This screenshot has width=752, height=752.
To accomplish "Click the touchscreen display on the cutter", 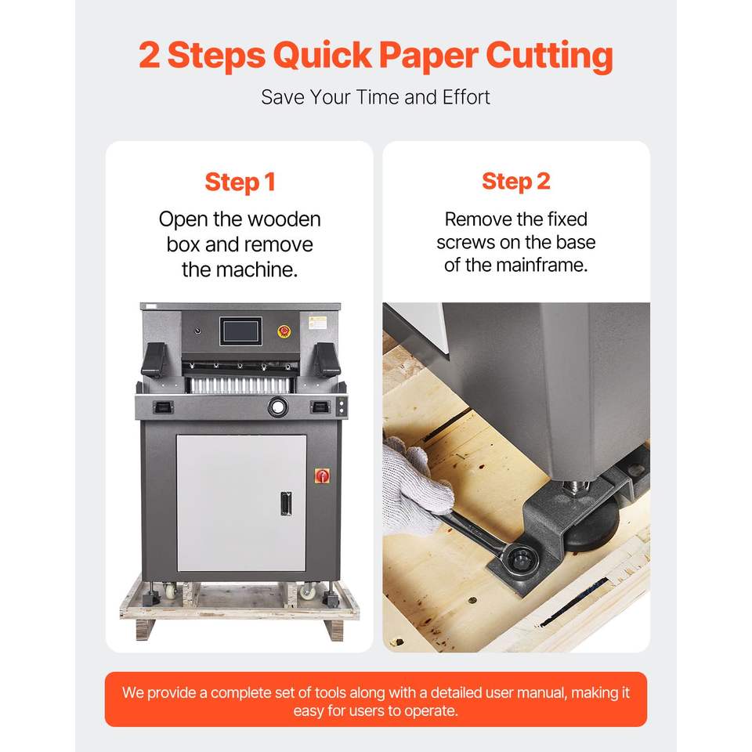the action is click(x=240, y=331).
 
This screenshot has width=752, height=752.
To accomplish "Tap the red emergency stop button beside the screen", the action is click(x=284, y=331).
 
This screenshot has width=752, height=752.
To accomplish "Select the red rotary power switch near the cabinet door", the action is click(x=322, y=475).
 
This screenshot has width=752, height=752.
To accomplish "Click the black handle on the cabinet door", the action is click(x=287, y=504).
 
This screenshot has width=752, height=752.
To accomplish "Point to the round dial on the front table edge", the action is click(x=277, y=407).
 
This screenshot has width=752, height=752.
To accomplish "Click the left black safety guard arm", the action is click(x=154, y=360).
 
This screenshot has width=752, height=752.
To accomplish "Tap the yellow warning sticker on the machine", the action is click(x=317, y=322).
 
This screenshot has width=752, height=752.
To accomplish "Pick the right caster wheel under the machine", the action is click(x=307, y=591).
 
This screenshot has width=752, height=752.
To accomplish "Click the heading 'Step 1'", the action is click(x=240, y=183).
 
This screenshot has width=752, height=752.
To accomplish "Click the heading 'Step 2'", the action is click(x=516, y=182).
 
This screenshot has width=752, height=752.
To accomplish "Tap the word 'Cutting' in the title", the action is click(x=549, y=56).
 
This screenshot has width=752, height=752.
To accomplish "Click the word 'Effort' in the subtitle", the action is click(x=466, y=97).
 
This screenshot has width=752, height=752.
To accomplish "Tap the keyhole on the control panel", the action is click(x=197, y=331).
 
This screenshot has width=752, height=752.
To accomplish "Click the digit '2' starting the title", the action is click(x=149, y=55).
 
